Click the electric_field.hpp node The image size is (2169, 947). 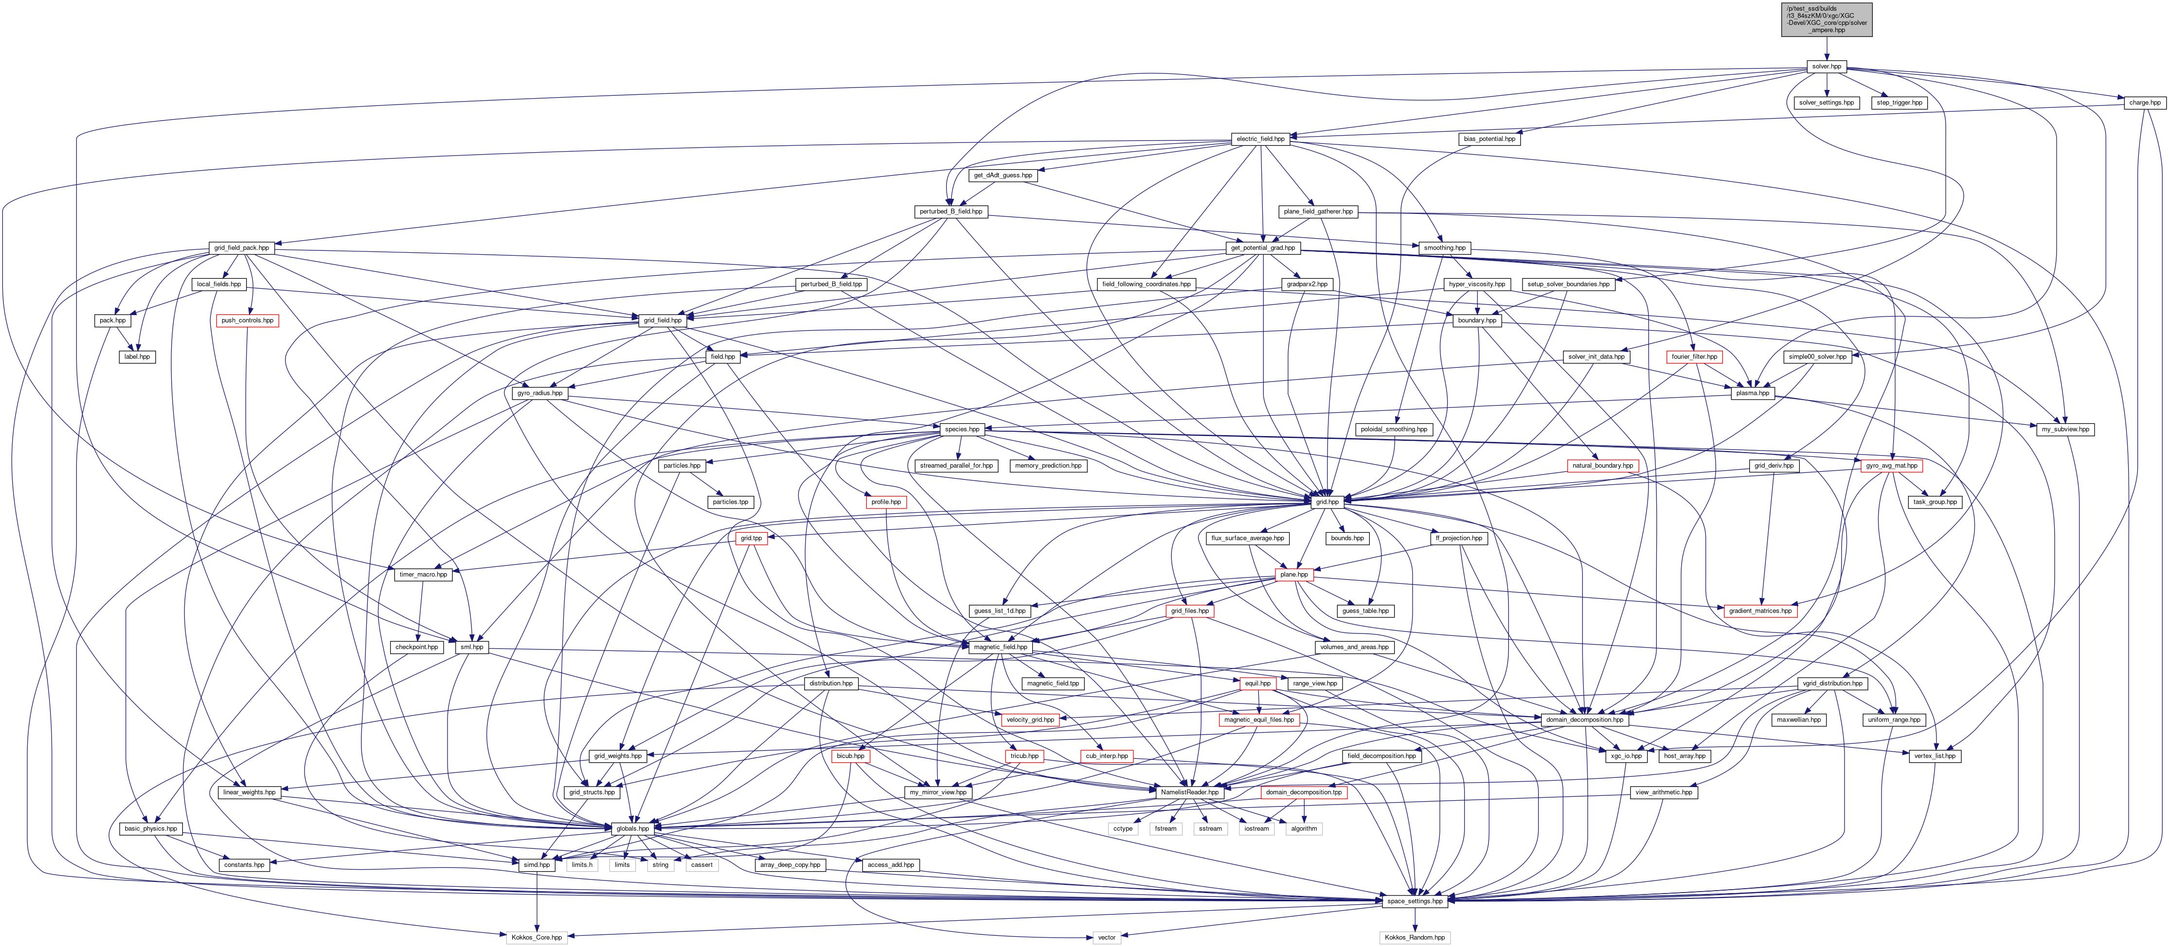click(x=1260, y=139)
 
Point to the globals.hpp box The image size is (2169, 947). click(x=632, y=828)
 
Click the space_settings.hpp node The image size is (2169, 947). click(x=1415, y=901)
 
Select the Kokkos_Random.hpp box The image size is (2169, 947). click(x=1415, y=937)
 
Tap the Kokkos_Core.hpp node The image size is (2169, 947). click(x=537, y=937)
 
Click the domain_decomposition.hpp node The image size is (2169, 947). click(x=1584, y=719)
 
